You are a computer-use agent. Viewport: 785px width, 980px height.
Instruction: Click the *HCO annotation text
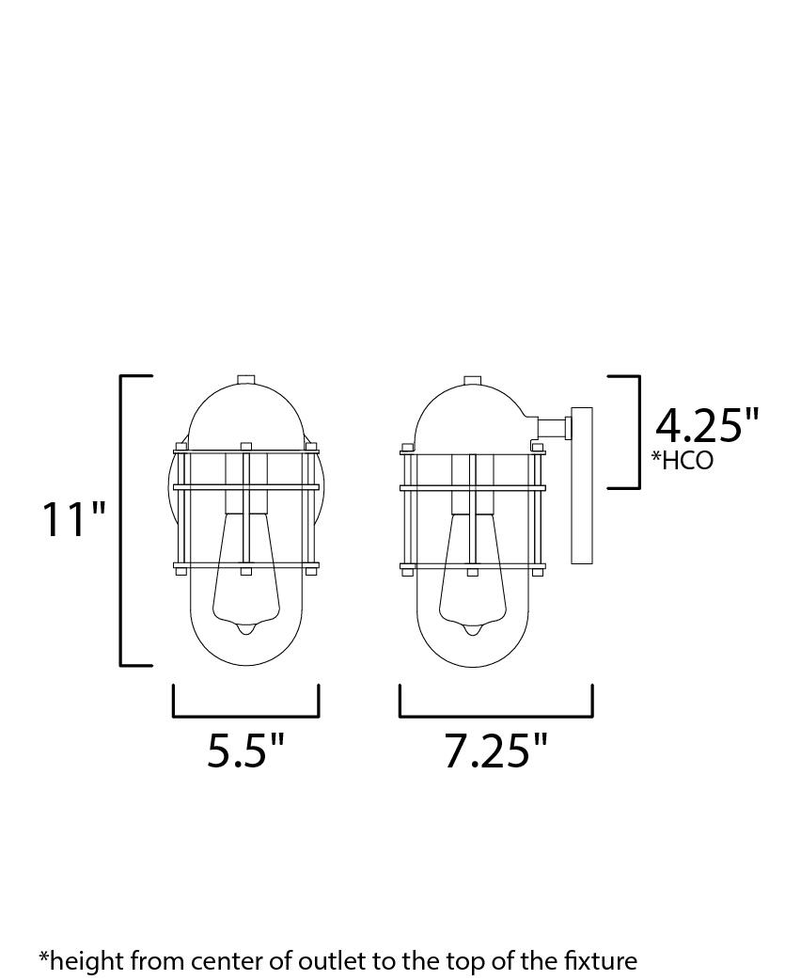point(683,460)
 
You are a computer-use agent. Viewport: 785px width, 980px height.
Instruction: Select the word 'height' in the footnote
point(82,960)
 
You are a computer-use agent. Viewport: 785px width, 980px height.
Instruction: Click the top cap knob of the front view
point(246,379)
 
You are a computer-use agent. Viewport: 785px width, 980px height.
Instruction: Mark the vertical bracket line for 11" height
point(122,519)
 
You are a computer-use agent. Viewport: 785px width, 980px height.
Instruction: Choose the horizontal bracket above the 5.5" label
point(246,716)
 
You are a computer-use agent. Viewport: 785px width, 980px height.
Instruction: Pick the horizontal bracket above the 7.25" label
point(495,716)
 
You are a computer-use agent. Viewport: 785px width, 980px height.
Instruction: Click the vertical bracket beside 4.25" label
point(638,432)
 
